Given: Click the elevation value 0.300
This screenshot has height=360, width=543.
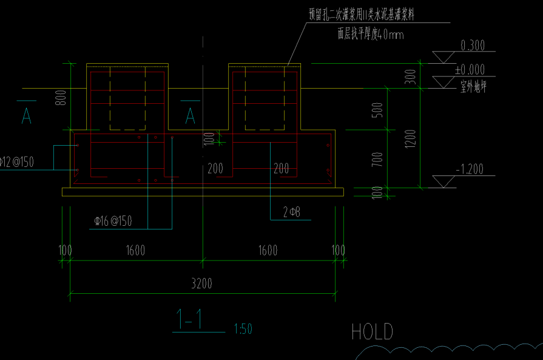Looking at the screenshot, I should pos(473,46).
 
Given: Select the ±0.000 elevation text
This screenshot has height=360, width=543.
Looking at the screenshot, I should pos(470,70).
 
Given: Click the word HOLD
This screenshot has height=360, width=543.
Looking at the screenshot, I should pos(372,332).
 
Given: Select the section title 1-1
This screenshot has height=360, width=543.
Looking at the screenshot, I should pos(189,320).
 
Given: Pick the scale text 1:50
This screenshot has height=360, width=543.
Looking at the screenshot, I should pos(243,330).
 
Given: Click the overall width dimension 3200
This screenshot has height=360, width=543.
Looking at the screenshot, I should pos(202,284).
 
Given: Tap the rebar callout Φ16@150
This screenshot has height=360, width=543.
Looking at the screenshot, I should pos(113,222).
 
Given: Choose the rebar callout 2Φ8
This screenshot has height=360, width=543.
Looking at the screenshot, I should pos(292,212).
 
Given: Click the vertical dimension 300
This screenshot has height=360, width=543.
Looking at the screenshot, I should pos(411,76).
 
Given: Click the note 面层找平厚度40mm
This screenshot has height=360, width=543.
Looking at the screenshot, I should pos(371,35).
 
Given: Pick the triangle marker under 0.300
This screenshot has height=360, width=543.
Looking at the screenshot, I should pos(444,57).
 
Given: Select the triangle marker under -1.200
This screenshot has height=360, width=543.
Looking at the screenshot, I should pos(444,181).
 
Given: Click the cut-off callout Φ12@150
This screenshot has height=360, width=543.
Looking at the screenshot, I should pos(16,161).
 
